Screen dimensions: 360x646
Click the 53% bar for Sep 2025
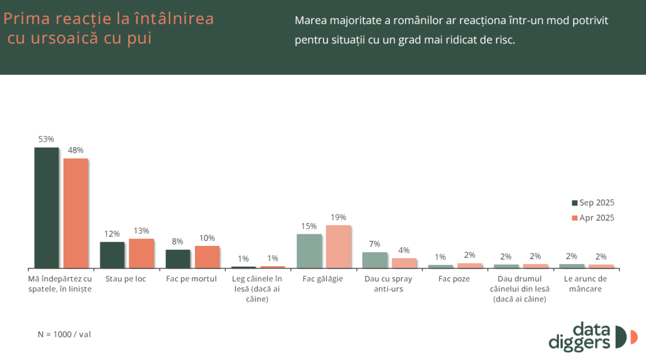tap(46, 208)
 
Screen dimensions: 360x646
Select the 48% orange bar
tap(76, 213)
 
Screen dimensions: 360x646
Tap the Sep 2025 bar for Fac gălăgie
tap(309, 251)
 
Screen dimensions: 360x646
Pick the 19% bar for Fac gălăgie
tap(338, 247)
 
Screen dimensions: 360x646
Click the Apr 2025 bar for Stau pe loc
tap(141, 253)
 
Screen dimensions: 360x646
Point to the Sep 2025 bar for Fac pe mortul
tap(178, 258)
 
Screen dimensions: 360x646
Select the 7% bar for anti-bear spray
tap(375, 260)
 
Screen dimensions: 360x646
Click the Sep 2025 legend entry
tap(592, 202)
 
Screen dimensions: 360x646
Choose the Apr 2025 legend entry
tap(592, 218)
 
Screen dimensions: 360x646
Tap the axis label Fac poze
tap(454, 279)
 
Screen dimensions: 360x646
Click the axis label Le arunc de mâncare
tap(585, 284)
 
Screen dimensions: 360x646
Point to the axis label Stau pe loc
tap(126, 279)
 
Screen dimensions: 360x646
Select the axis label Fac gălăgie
tap(322, 279)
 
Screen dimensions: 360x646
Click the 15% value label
tap(308, 226)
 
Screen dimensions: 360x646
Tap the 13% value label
tap(141, 231)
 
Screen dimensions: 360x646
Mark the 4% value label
tap(404, 250)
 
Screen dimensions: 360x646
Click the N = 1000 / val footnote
tap(64, 334)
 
